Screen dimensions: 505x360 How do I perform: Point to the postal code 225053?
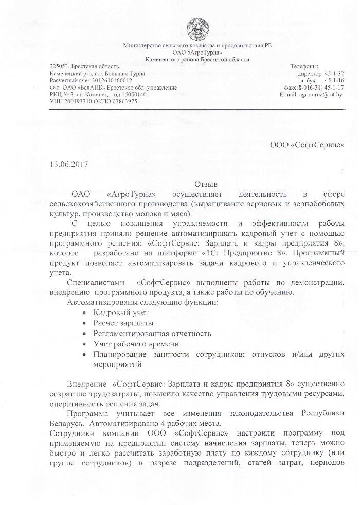[x=59, y=66]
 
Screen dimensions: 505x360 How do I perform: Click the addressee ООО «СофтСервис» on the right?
[x=307, y=145]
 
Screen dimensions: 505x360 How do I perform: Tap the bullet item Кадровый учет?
[x=121, y=312]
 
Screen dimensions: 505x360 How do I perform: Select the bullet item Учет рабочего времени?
[x=136, y=343]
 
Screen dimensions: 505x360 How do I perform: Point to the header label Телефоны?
[x=304, y=66]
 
